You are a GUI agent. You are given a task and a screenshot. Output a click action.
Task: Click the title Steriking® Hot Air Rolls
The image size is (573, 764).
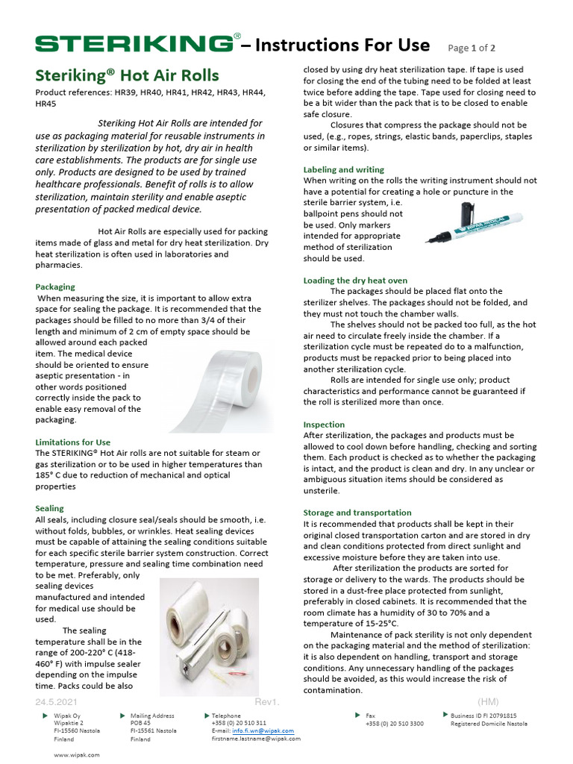128,75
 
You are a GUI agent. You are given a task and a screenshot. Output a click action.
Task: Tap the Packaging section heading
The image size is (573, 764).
55,286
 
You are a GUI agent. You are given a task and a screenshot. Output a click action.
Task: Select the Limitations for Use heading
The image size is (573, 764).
73,442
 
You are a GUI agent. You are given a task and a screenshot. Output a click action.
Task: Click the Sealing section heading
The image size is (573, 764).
50,508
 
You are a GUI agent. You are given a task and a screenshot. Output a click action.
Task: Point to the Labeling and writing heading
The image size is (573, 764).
344,169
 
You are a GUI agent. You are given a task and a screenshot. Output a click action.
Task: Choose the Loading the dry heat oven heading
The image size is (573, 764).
355,281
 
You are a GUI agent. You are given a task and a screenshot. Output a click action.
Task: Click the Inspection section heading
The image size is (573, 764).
325,425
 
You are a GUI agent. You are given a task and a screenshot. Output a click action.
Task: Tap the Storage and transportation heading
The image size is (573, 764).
357,513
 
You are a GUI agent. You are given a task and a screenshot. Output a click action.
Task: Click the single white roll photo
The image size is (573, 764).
218,386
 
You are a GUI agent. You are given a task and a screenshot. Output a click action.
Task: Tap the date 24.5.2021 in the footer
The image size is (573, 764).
57,702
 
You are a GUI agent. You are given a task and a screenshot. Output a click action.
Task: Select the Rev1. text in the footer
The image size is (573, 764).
266,702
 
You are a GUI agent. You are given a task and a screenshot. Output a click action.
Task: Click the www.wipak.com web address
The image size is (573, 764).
76,754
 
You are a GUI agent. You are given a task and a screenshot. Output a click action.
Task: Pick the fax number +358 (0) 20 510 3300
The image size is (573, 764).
394,724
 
